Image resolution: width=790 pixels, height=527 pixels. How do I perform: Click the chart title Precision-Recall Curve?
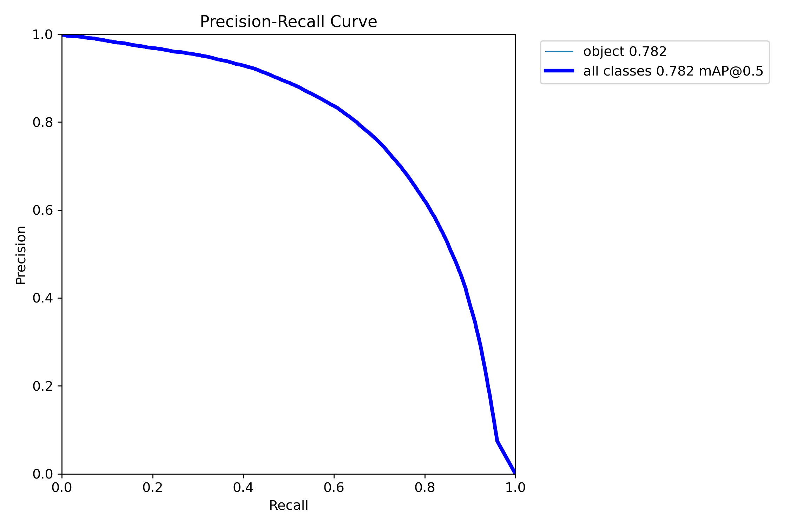pos(288,22)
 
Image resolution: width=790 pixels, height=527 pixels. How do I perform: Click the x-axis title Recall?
pos(288,506)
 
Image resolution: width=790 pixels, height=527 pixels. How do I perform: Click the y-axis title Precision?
pos(21,255)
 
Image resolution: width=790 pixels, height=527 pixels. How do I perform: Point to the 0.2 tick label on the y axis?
pos(42,386)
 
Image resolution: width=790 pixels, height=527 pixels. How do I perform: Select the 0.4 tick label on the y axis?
pos(42,298)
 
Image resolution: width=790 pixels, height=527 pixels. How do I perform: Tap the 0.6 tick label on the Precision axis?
pos(42,210)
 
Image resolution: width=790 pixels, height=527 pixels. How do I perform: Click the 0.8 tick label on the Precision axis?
pos(42,122)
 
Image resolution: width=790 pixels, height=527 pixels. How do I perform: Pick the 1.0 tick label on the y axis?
pos(42,35)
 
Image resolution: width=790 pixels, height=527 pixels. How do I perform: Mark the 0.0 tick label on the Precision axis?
pos(42,474)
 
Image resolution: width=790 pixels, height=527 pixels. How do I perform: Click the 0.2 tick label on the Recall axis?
pos(153,488)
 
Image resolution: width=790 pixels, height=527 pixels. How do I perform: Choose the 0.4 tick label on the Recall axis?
pos(243,488)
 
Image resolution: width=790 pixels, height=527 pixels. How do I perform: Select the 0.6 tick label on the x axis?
pos(334,488)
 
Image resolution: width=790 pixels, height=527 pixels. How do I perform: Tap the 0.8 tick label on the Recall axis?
pos(425,488)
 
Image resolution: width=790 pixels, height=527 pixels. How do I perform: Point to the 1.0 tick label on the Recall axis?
pos(515,488)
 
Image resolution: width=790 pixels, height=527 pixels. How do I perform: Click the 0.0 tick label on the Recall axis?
pos(62,488)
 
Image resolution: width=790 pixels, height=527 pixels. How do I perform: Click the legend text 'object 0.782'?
pos(625,52)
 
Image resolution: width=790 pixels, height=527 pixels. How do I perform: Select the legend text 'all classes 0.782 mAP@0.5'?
pos(673,71)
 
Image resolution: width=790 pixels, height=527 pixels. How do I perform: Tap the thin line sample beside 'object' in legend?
pos(559,52)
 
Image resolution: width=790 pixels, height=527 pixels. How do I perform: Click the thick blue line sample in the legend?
pos(559,71)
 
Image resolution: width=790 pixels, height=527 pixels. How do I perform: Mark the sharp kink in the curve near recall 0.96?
pos(498,441)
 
